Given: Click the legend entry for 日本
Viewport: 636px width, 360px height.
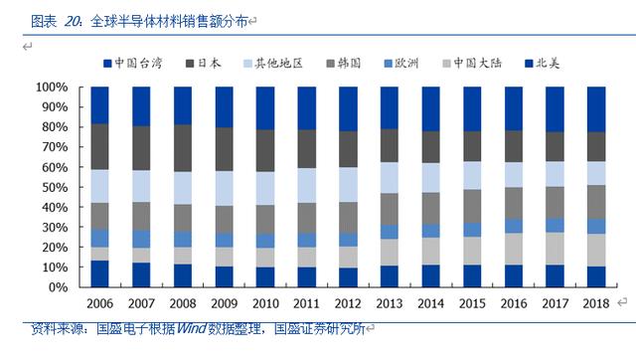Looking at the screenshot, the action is pyautogui.click(x=203, y=64).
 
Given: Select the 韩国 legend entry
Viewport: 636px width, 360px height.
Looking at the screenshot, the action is pyautogui.click(x=344, y=64).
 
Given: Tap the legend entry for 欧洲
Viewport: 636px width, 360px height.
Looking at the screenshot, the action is pyautogui.click(x=401, y=64).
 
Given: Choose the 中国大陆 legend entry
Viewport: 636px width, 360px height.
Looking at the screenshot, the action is pyautogui.click(x=472, y=64).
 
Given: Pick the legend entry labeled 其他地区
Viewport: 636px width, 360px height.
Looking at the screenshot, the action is pyautogui.click(x=273, y=64).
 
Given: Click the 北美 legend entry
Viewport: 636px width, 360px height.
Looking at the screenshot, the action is pyautogui.click(x=543, y=64).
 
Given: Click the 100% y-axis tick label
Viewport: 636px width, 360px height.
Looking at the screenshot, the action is pyautogui.click(x=52, y=88).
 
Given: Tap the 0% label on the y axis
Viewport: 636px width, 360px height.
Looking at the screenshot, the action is pyautogui.click(x=58, y=287).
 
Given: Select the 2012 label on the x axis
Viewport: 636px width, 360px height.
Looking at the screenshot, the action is pyautogui.click(x=348, y=303).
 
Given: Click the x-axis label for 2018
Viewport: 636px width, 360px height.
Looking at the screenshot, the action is pyautogui.click(x=596, y=303).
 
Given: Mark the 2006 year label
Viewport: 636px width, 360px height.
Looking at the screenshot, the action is pyautogui.click(x=99, y=303).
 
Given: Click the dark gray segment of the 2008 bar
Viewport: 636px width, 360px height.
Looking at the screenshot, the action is pyautogui.click(x=183, y=148).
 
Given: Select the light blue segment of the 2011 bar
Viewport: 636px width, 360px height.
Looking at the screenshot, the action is pyautogui.click(x=307, y=186).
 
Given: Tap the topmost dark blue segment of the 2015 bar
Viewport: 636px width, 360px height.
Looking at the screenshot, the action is pyautogui.click(x=472, y=108).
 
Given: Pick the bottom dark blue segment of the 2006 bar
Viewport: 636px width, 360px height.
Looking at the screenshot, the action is pyautogui.click(x=99, y=273).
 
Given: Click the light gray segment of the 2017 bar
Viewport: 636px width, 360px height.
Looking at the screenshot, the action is pyautogui.click(x=555, y=249).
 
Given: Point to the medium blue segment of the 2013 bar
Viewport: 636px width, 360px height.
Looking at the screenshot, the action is pyautogui.click(x=390, y=232).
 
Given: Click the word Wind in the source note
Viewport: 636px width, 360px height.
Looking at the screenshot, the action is pyautogui.click(x=192, y=328).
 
